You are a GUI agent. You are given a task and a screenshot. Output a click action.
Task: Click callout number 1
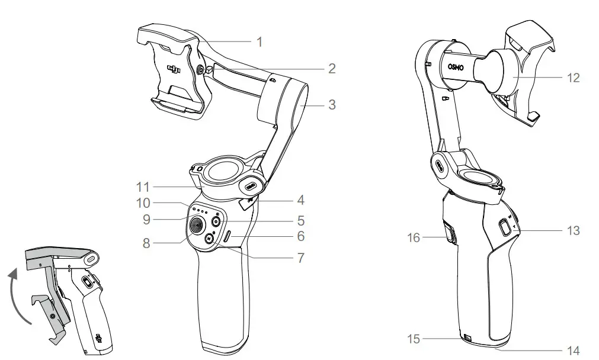[259, 41]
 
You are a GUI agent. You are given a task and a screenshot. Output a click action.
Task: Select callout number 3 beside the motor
[332, 105]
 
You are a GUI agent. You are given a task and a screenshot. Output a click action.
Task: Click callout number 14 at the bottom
[573, 350]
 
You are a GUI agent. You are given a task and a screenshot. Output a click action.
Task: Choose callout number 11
[142, 187]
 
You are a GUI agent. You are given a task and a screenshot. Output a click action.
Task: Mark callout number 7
[301, 258]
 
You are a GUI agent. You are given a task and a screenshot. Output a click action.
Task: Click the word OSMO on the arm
[460, 67]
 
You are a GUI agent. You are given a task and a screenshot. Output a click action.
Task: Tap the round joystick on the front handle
[197, 224]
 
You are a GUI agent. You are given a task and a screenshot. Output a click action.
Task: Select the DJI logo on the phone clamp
[174, 70]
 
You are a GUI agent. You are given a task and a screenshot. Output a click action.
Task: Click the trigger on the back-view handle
[449, 234]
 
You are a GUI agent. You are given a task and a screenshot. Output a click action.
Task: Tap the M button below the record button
[209, 238]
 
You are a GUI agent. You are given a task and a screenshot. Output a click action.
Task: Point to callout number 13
[573, 230]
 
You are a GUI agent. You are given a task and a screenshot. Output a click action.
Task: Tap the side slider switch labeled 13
[504, 227]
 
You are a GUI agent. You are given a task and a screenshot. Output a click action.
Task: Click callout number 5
[301, 221]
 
